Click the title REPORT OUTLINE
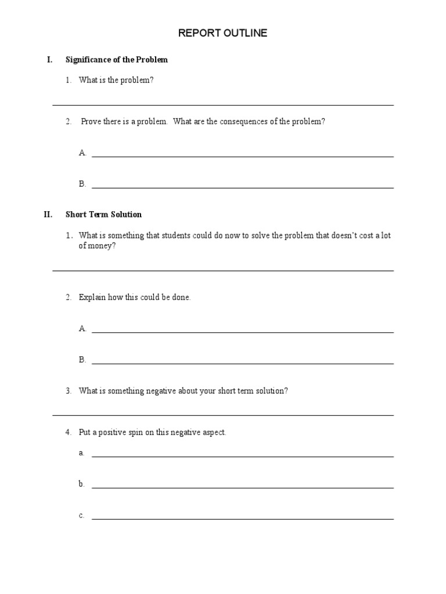[222, 34]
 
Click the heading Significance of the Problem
[117, 60]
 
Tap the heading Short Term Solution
[103, 215]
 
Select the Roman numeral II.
[48, 215]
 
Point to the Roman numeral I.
[50, 60]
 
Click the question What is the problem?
[116, 81]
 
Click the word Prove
[91, 122]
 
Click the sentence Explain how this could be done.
[135, 298]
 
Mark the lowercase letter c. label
[82, 515]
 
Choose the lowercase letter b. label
[82, 484]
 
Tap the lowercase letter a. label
[82, 453]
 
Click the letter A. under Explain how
[82, 328]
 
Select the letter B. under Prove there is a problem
[82, 184]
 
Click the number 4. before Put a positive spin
[69, 433]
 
